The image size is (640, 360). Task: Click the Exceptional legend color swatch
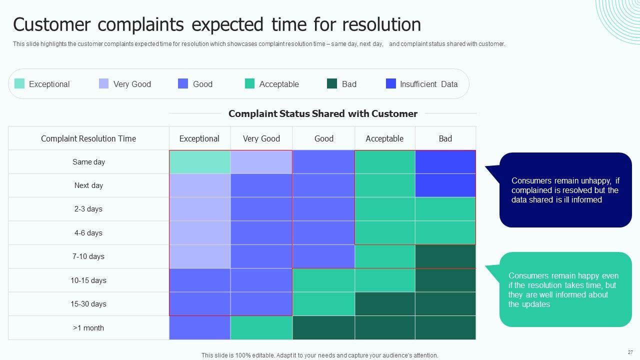19,83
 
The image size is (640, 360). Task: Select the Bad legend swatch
331,83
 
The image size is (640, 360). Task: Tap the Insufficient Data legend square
391,83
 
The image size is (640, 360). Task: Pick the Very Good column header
261,138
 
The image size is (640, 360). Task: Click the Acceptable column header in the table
384,138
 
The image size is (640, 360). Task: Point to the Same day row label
88,162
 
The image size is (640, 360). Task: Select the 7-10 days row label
88,256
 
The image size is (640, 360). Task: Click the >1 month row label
88,327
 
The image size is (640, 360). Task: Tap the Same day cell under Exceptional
199,162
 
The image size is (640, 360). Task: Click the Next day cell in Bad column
445,185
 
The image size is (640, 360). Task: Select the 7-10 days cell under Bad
445,256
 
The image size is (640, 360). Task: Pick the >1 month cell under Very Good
261,327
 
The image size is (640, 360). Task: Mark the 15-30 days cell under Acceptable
385,303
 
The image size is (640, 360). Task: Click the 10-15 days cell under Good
323,280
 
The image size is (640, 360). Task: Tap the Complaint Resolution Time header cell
88,138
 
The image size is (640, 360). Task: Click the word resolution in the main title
381,24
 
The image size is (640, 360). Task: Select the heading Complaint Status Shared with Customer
323,113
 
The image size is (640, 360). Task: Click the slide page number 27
630,352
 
